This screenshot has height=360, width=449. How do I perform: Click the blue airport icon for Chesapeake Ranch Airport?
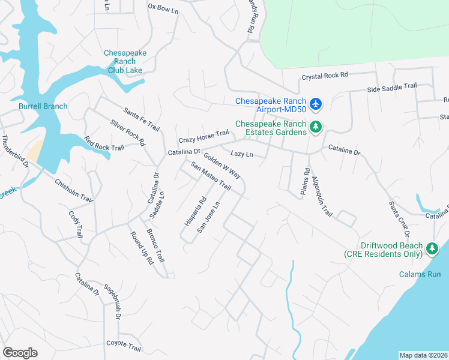click(316, 105)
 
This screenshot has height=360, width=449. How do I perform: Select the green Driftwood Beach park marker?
click(432, 248)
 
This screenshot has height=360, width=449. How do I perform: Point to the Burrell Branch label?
click(43, 106)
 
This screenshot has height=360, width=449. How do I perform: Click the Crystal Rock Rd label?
click(325, 76)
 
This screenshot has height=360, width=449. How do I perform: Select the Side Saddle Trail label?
click(391, 87)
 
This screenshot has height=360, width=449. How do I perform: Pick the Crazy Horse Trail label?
click(204, 135)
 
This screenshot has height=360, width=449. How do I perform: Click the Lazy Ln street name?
click(242, 154)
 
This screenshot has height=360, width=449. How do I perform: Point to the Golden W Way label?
click(222, 166)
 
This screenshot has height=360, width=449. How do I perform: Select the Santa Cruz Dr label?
click(400, 217)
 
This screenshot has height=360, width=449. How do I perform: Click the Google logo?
click(20, 352)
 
